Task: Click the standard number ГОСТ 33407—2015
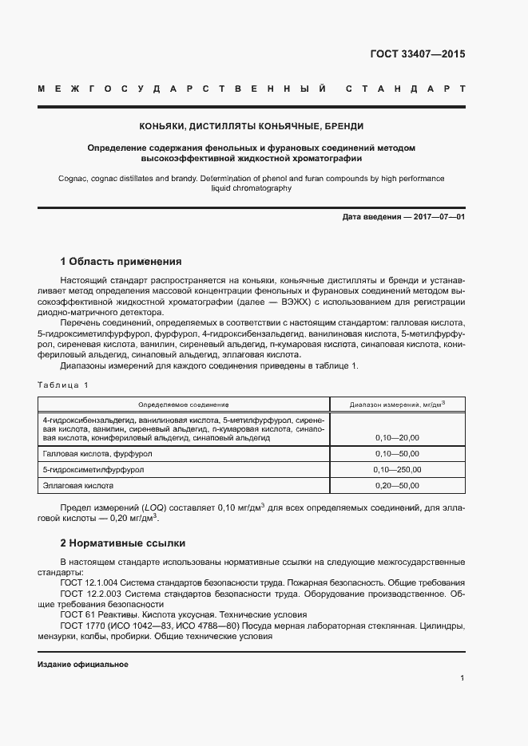[x=417, y=55]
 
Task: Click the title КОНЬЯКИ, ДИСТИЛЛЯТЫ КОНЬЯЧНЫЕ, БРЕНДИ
[x=252, y=126]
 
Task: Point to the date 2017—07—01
[x=437, y=217]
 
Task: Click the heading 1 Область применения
[x=121, y=262]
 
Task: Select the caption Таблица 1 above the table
[x=64, y=385]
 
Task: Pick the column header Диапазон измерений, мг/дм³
[x=397, y=405]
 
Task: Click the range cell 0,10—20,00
[x=397, y=438]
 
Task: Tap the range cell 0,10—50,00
[x=397, y=453]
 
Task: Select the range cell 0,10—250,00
[x=397, y=469]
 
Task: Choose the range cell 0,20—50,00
[x=397, y=485]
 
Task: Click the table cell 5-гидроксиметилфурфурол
[x=93, y=469]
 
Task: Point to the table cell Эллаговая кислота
[x=78, y=485]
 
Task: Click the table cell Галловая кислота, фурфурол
[x=97, y=453]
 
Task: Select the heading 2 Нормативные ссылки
[x=123, y=543]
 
